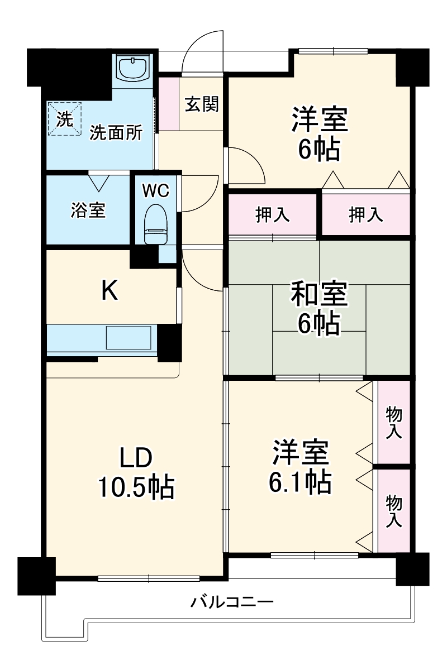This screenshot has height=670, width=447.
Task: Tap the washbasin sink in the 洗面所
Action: click(x=133, y=68)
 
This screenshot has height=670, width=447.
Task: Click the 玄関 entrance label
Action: click(x=202, y=104)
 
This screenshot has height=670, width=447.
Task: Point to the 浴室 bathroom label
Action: click(x=88, y=210)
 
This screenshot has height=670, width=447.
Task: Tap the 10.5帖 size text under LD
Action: click(x=136, y=487)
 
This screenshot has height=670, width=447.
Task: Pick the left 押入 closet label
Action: click(x=273, y=215)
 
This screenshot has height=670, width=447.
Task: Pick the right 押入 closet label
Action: click(x=366, y=215)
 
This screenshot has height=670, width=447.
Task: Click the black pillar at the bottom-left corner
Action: click(x=37, y=575)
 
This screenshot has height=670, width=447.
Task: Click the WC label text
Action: click(x=155, y=190)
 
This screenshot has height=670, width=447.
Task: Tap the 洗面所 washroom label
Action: click(x=116, y=133)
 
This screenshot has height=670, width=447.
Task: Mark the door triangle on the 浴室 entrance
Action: click(x=99, y=182)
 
